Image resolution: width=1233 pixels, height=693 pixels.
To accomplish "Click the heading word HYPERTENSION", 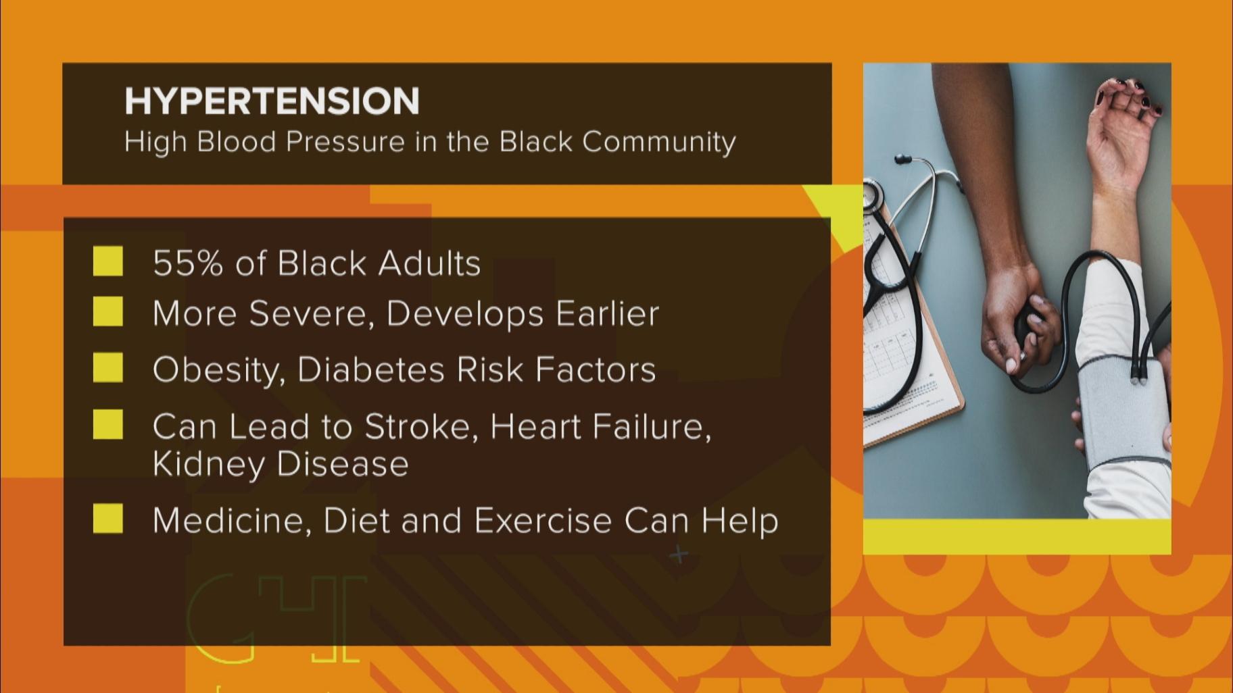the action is (x=272, y=101).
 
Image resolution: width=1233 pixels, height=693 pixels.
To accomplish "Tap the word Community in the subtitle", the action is (x=658, y=142).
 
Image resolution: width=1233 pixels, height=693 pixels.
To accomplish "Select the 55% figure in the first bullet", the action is (x=188, y=263).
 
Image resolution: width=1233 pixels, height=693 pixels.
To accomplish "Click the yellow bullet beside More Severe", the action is (x=108, y=312).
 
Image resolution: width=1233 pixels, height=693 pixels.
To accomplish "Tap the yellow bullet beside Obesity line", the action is (x=108, y=368).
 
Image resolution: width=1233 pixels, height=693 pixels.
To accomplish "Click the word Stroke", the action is (x=420, y=427).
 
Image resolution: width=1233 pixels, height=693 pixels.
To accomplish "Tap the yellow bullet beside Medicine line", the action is (x=108, y=519).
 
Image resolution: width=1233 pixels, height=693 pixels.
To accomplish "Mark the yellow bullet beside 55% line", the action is (x=108, y=261).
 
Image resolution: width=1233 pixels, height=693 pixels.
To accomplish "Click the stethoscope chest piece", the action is (x=873, y=196).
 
